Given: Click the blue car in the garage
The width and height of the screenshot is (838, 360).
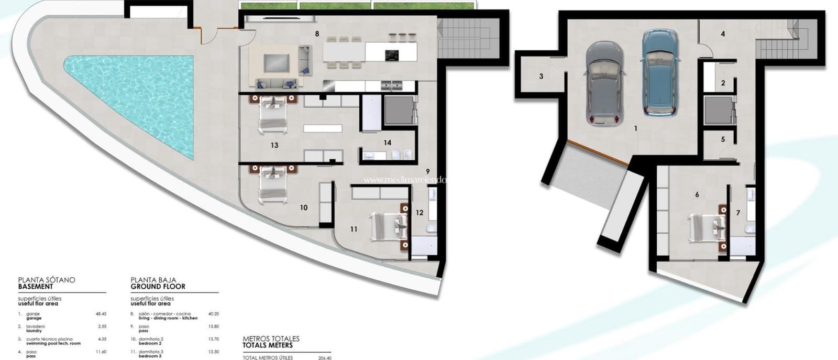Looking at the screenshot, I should pyautogui.click(x=661, y=73).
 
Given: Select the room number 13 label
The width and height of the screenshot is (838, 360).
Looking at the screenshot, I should pyautogui.click(x=274, y=145).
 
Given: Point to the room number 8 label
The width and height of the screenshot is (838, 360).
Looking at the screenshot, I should pyautogui.click(x=317, y=34).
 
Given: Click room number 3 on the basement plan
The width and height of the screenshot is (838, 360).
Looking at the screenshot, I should pyautogui.click(x=541, y=77).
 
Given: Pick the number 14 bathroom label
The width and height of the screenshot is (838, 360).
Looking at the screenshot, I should pyautogui.click(x=387, y=143).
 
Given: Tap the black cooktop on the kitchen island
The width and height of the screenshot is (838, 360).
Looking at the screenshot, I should pyautogui.click(x=391, y=55).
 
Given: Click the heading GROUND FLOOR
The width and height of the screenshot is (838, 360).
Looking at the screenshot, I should pyautogui.click(x=158, y=287).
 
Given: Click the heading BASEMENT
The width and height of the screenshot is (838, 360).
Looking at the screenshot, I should pyautogui.click(x=36, y=287).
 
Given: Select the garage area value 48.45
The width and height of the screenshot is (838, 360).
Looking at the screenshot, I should pyautogui.click(x=101, y=314).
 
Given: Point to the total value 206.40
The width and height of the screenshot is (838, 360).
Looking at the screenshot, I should pyautogui.click(x=325, y=358).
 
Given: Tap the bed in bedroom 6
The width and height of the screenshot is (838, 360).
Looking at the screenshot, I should pyautogui.click(x=706, y=226).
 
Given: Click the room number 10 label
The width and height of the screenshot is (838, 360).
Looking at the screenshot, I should pyautogui.click(x=304, y=208).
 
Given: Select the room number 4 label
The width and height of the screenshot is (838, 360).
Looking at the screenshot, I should pyautogui.click(x=723, y=34).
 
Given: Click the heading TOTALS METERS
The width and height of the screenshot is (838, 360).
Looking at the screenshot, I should pyautogui.click(x=268, y=345).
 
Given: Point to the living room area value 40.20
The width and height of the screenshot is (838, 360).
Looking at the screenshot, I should pyautogui.click(x=213, y=314).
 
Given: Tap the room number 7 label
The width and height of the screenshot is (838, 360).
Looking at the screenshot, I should pyautogui.click(x=738, y=213).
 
